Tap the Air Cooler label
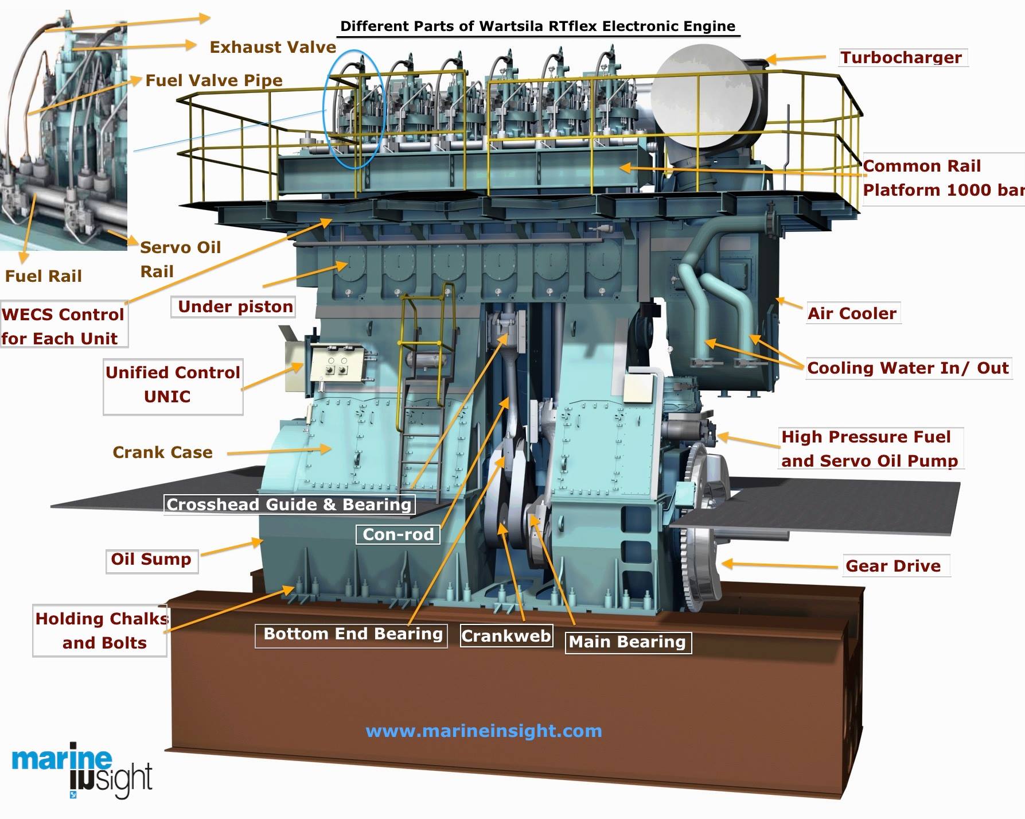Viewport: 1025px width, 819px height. coord(852,313)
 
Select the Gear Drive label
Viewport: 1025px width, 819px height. coord(894,566)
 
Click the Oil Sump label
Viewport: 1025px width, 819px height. coord(151,560)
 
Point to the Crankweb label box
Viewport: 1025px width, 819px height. coord(506,636)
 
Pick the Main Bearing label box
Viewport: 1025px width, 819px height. coord(628,642)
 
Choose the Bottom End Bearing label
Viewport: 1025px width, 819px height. coord(352,635)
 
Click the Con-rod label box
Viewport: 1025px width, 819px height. coord(398,535)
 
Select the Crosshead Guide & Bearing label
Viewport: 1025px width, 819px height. coord(289,505)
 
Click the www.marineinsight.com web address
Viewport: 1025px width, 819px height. coord(484,731)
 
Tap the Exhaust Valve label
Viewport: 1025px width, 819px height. coord(272,47)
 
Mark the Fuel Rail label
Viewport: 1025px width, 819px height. coord(44,277)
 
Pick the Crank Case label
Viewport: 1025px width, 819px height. coord(162,453)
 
